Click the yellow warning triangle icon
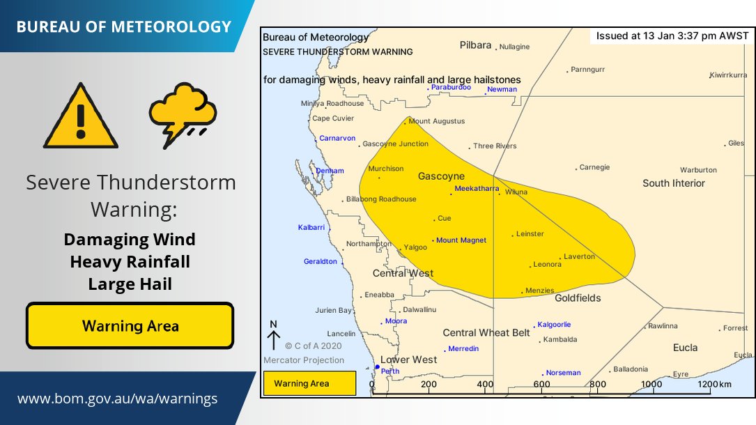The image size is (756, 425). point(81,118)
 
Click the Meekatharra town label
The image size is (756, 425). point(477,189)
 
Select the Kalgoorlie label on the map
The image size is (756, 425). point(553,325)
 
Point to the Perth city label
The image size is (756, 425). point(389,371)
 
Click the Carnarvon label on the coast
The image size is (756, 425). point(337,139)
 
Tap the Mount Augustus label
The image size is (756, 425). point(436,121)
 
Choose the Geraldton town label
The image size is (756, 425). point(321,262)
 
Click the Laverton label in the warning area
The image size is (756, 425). point(579,256)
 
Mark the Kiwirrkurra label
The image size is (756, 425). point(728,75)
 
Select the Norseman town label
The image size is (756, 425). point(562,373)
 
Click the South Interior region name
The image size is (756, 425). point(673,183)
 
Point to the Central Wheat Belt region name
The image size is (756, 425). point(486,333)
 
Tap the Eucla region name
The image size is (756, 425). point(685,347)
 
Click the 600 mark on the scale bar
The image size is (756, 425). point(541,385)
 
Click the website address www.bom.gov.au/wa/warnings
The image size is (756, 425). point(117,399)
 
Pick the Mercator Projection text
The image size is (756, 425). point(304,360)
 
